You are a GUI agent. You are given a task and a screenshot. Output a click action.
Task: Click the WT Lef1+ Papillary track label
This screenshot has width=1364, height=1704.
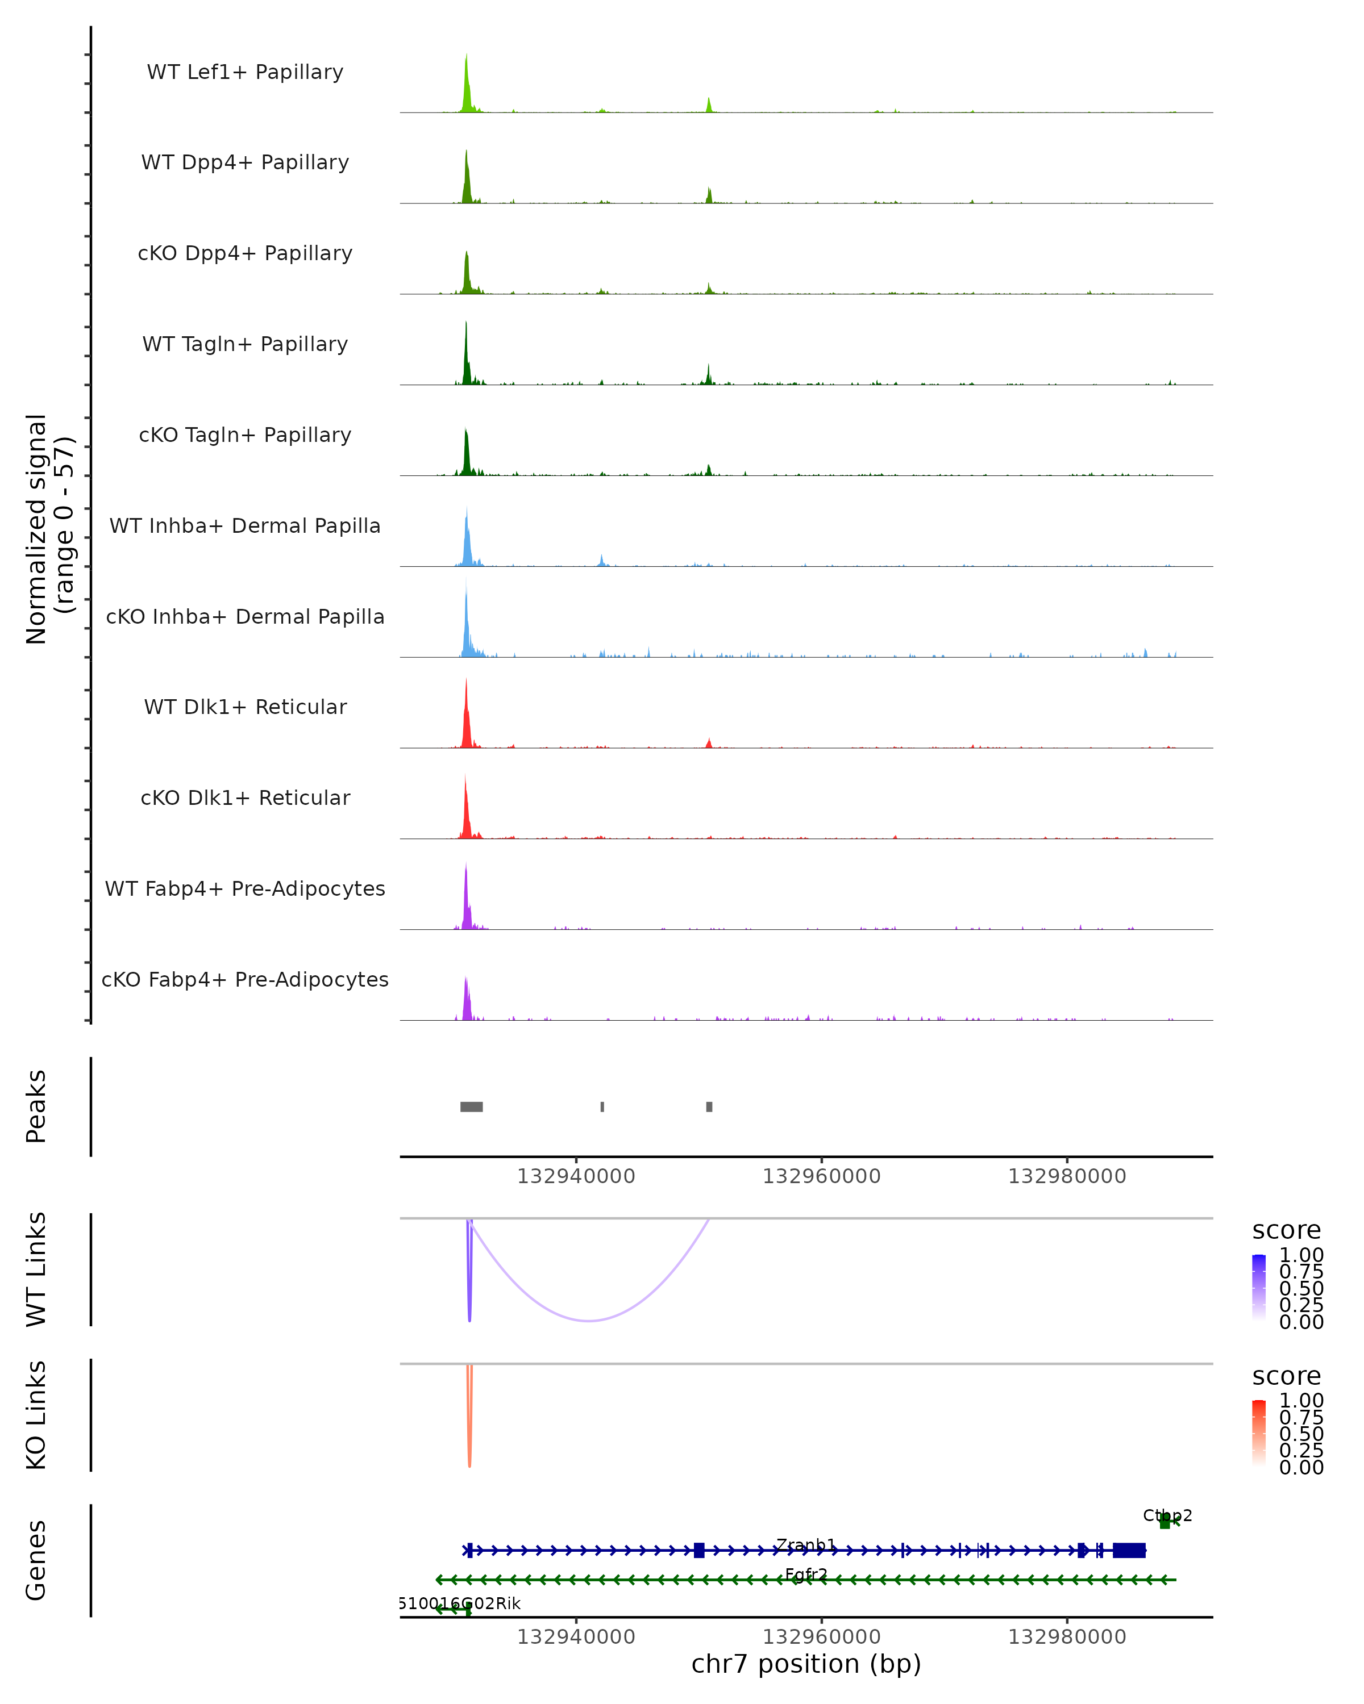click(x=245, y=72)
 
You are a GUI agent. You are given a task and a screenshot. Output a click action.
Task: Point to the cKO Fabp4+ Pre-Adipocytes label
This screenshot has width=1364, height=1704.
click(x=245, y=979)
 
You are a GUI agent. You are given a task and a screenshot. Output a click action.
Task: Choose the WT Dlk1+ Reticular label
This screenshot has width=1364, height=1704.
click(x=245, y=707)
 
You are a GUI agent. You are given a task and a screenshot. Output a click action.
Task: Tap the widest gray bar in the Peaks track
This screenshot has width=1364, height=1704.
click(x=471, y=1106)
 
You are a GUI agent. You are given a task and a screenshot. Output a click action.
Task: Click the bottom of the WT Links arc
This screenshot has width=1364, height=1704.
click(x=589, y=1320)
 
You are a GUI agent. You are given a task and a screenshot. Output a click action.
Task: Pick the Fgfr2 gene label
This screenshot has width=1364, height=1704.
click(x=806, y=1574)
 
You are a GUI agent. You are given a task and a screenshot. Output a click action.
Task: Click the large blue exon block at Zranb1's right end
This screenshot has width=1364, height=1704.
click(x=1129, y=1550)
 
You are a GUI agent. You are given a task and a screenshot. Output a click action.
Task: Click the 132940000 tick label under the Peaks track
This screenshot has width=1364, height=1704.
click(x=576, y=1176)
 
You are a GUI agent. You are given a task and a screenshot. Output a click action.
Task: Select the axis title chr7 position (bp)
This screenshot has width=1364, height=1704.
click(x=806, y=1664)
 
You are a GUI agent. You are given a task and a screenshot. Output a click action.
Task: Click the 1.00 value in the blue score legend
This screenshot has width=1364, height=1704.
click(x=1301, y=1255)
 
